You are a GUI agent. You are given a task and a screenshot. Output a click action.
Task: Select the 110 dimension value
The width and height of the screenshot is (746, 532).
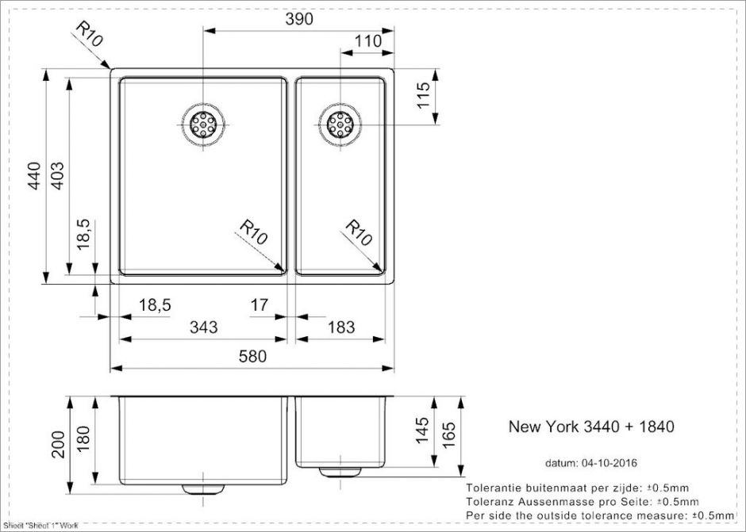click(x=367, y=41)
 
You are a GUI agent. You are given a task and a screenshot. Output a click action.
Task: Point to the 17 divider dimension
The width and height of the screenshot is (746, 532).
click(x=260, y=304)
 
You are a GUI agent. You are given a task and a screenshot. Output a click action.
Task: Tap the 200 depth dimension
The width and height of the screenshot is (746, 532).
click(x=57, y=445)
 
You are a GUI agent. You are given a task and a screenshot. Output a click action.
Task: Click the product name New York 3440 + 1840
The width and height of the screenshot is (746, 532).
click(x=590, y=427)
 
